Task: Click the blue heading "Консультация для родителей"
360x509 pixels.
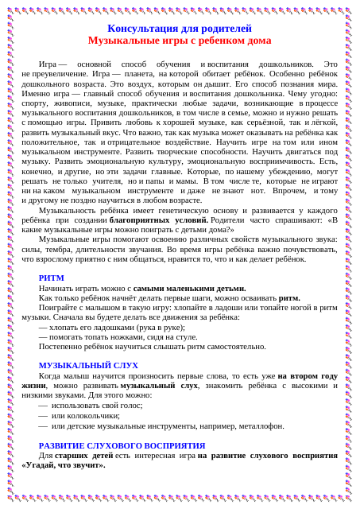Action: [x=179, y=29]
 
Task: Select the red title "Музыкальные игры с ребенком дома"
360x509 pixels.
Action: [x=179, y=41]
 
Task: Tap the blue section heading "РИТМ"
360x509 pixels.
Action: [x=52, y=278]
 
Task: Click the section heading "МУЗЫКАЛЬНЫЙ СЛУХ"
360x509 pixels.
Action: [x=88, y=365]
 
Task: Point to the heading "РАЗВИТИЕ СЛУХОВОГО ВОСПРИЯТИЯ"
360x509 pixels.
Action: [x=122, y=445]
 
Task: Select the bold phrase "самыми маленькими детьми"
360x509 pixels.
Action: [x=189, y=288]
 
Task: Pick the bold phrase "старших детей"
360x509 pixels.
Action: [x=83, y=455]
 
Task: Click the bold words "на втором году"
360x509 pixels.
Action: [x=307, y=375]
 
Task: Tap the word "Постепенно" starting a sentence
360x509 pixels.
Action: [x=58, y=346]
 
